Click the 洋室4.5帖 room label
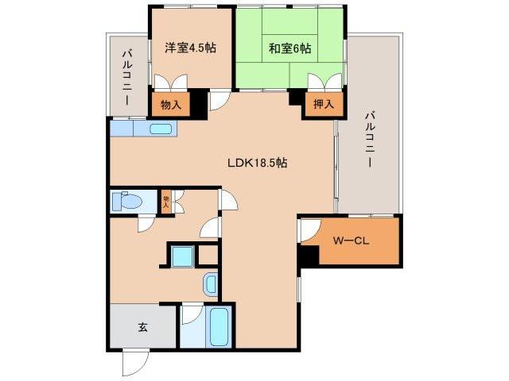tap(191, 48)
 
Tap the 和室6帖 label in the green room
tap(289, 48)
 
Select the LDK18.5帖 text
tap(257, 163)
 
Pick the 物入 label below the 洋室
tap(171, 104)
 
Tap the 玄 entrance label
tap(143, 327)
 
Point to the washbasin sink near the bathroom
tap(211, 283)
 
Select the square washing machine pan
tap(183, 256)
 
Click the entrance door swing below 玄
tap(133, 362)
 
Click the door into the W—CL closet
tap(309, 233)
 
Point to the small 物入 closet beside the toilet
tap(167, 201)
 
